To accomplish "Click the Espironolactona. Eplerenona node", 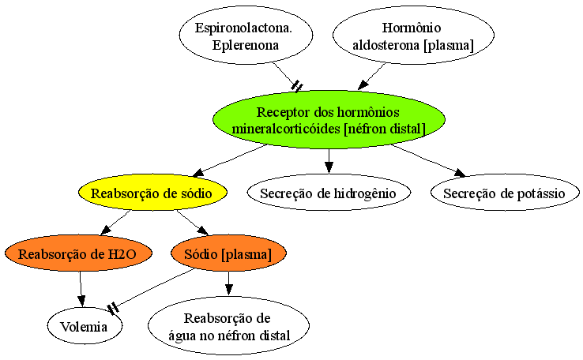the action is [x=246, y=36].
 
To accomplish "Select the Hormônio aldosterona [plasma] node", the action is [x=413, y=36].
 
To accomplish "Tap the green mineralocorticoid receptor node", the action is [x=329, y=119].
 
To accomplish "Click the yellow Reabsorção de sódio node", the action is [x=152, y=193].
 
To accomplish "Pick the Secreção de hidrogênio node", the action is [x=329, y=193].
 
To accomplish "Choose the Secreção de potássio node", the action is [x=505, y=193].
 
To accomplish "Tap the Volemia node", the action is [x=85, y=326].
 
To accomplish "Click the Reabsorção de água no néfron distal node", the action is [x=228, y=326].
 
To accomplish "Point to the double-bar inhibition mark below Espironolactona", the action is [x=298, y=87].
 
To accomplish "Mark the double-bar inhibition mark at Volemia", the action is [x=113, y=308].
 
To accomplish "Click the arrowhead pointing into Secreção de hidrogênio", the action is [x=329, y=168].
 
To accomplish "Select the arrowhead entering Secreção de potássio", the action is [x=461, y=172].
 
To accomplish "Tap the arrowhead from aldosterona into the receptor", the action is [x=363, y=85].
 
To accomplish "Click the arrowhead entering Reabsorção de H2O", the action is [x=106, y=230].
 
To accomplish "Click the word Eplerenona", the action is [x=246, y=45].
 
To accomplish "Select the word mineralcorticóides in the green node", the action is [x=286, y=129].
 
